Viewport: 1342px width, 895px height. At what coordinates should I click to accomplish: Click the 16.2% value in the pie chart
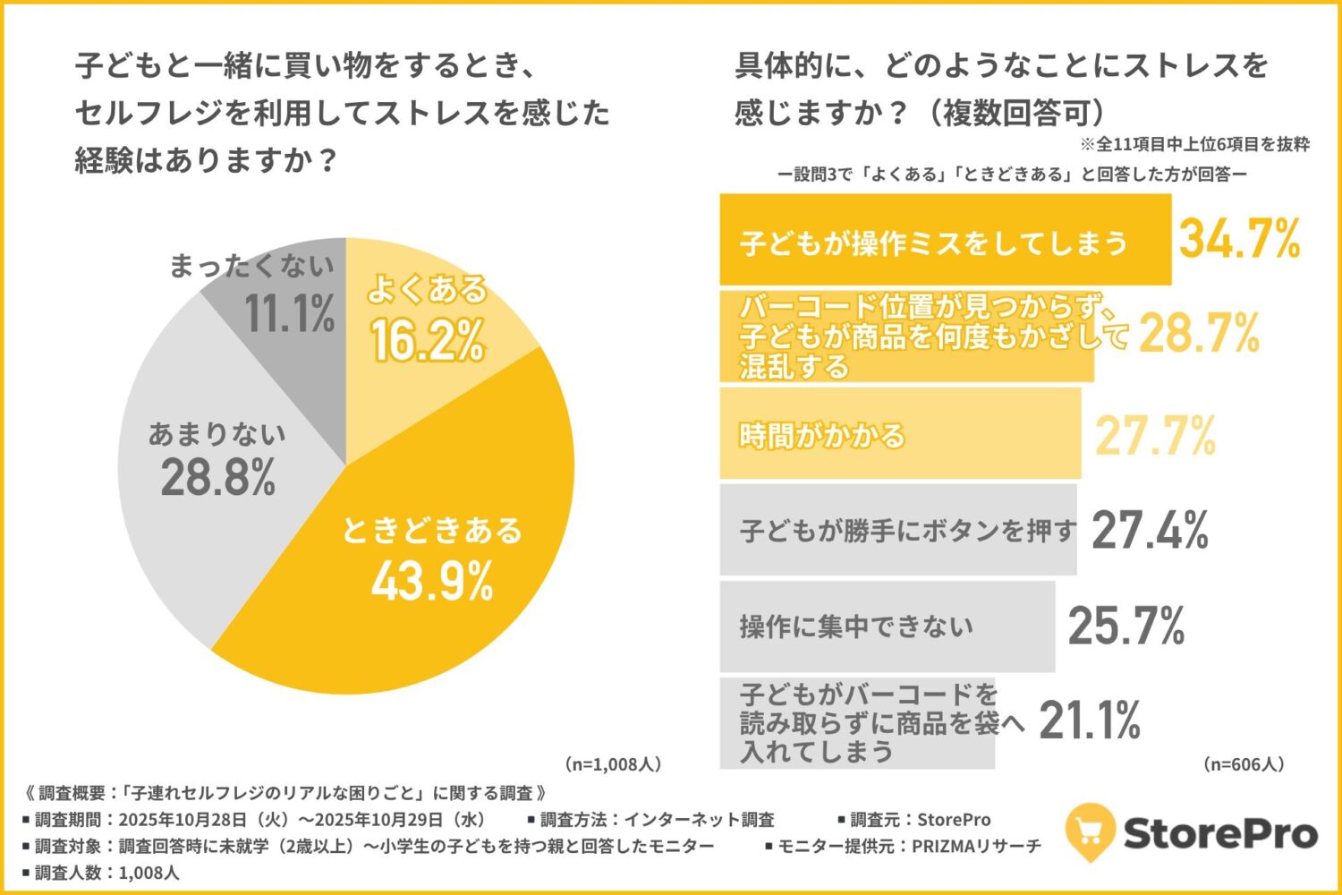(x=428, y=341)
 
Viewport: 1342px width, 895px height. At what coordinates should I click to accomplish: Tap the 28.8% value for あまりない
(x=217, y=477)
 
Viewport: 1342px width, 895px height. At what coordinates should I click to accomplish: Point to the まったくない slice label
(x=251, y=266)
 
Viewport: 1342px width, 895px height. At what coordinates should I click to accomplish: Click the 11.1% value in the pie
(x=290, y=313)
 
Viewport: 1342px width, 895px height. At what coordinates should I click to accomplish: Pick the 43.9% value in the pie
(x=432, y=582)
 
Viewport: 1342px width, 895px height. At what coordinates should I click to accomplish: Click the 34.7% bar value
(x=1239, y=240)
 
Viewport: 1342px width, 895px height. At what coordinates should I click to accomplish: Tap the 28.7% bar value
(x=1199, y=334)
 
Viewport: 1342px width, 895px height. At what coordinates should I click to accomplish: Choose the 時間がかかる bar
(x=900, y=435)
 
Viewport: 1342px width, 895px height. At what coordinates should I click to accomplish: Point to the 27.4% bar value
(x=1150, y=530)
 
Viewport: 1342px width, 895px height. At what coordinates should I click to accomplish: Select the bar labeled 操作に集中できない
(x=887, y=626)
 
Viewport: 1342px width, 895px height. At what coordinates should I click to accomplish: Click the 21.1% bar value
(x=1090, y=721)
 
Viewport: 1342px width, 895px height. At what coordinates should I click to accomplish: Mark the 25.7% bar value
(x=1126, y=626)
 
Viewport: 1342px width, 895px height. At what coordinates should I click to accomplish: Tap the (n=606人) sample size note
(x=1244, y=764)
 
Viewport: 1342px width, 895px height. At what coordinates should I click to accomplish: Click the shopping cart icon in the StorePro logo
(x=1090, y=831)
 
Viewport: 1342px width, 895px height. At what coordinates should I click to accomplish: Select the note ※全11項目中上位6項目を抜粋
(x=1194, y=144)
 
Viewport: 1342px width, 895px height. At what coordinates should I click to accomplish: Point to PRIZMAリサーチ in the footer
(x=976, y=846)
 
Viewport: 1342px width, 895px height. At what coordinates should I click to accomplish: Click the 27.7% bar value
(x=1156, y=436)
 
